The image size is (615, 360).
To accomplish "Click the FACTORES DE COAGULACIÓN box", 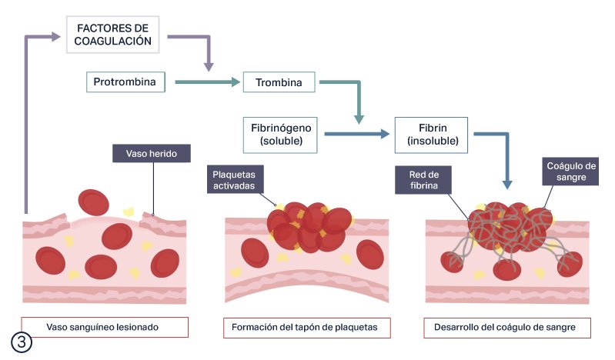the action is tap(113, 35).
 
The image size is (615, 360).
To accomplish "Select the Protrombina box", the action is tap(125, 82).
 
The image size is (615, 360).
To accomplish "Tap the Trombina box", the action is tap(279, 82).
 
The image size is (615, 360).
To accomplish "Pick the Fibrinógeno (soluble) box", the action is tap(280, 135).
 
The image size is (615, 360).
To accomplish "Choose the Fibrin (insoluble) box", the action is tap(431, 135).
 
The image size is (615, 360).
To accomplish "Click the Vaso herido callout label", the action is tap(152, 153).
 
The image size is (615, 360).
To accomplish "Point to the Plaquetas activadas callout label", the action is tap(235, 179).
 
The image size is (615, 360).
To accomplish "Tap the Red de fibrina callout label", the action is tap(423, 180).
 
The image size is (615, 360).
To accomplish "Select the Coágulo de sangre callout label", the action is tap(570, 172).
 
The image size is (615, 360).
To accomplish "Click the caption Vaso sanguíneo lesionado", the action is tap(105, 327).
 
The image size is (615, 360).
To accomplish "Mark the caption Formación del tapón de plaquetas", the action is tap(306, 328).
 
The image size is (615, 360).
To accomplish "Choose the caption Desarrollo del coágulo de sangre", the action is tap(507, 328).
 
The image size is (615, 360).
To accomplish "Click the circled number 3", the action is tap(22, 342).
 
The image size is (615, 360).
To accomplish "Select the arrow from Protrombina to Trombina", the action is tap(208, 82).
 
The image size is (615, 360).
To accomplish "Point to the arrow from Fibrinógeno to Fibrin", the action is tap(357, 134).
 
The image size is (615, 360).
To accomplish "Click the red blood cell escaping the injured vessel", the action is tap(93, 203).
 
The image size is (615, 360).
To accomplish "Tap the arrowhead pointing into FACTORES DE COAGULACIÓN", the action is tap(56, 36).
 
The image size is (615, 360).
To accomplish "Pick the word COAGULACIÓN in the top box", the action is tap(113, 42).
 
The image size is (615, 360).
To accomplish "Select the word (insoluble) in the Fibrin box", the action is tap(433, 141).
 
